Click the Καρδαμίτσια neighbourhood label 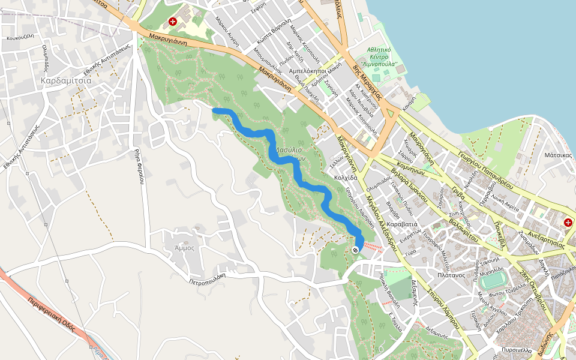[66, 80]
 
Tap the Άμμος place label [184, 247]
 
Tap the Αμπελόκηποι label [307, 70]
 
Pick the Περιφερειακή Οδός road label [55, 318]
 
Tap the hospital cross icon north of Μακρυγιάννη [173, 22]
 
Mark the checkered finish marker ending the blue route [356, 249]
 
